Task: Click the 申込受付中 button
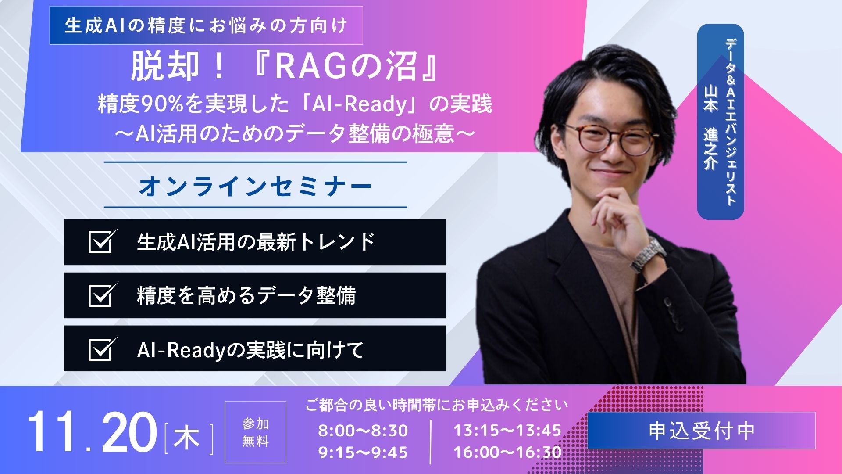click(701, 431)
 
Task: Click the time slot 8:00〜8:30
click(363, 431)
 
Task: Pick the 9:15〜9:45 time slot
click(363, 452)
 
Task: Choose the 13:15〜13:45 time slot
click(507, 431)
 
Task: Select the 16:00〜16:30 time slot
click(507, 452)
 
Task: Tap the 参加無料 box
click(255, 432)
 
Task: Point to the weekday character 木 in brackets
click(187, 438)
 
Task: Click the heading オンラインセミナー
click(255, 186)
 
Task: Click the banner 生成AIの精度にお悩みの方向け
click(206, 25)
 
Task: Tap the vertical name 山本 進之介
click(710, 127)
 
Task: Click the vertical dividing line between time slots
click(431, 441)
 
